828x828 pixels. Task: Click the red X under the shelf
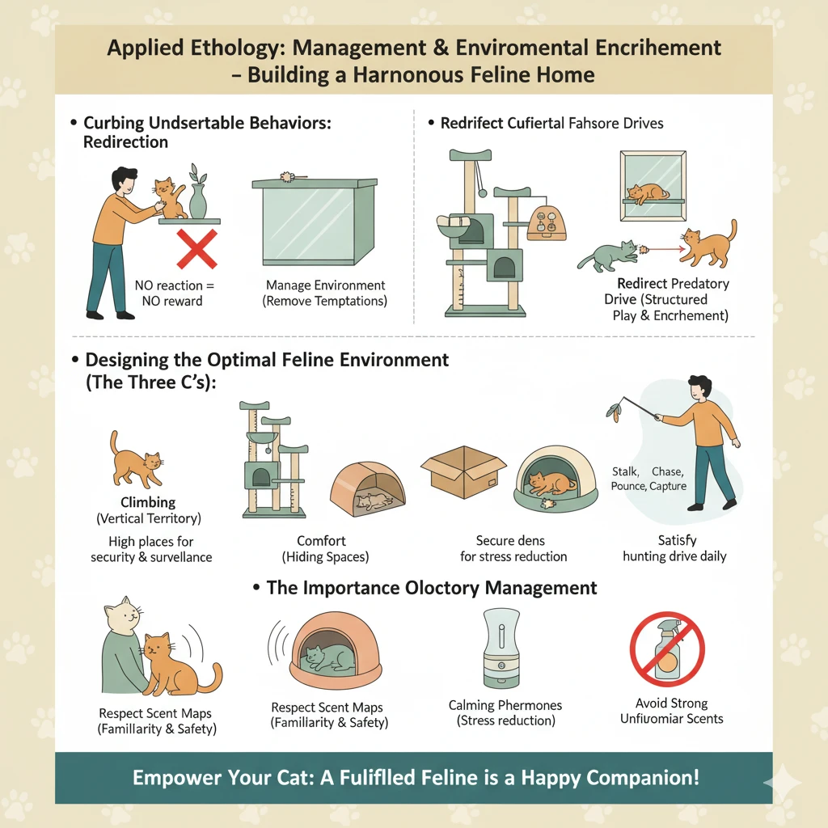click(196, 249)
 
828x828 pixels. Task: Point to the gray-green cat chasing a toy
click(607, 255)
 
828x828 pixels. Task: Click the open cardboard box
click(463, 471)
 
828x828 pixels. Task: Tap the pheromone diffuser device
click(501, 648)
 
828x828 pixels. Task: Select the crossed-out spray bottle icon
click(667, 649)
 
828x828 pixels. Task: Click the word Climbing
click(148, 501)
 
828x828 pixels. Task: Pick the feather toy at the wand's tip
click(614, 411)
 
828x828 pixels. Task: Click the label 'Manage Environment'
click(325, 285)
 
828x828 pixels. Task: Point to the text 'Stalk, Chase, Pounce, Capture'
click(648, 479)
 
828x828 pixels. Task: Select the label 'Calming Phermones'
click(505, 705)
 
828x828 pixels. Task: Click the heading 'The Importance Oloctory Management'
click(432, 588)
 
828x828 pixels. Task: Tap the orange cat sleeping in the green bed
click(551, 484)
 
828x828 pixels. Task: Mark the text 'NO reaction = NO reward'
click(173, 293)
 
